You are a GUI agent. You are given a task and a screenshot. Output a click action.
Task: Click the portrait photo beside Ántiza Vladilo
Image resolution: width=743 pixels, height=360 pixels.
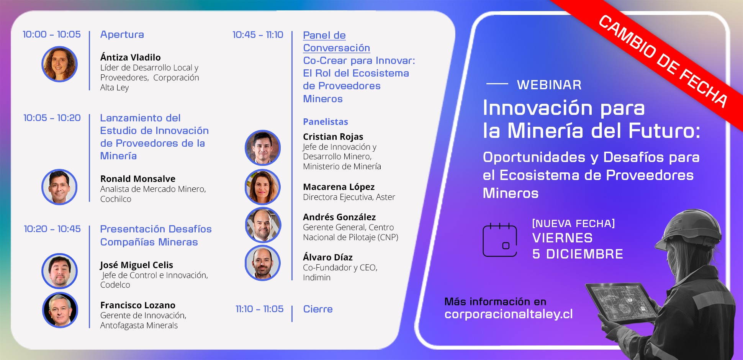59,64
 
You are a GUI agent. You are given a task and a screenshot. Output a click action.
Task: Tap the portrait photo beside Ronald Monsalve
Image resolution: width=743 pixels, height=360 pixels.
59,187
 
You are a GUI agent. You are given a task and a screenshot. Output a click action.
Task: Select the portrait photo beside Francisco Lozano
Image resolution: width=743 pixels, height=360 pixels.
60,310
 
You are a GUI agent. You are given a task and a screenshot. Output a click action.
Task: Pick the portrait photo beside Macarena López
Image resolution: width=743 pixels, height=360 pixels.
263,187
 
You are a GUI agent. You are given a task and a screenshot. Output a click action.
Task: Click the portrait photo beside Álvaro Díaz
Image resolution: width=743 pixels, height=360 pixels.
263,263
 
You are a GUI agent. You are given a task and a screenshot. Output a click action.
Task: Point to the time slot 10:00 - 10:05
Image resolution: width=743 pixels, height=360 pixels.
52,34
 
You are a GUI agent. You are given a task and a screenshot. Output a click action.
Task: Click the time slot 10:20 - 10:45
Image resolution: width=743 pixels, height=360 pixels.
52,229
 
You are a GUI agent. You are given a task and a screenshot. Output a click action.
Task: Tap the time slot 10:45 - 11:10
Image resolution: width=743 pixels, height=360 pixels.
258,35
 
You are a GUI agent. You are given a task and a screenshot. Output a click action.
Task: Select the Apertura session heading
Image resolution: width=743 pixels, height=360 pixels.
122,34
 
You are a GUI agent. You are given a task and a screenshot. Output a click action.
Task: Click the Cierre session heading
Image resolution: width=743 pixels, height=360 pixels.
318,309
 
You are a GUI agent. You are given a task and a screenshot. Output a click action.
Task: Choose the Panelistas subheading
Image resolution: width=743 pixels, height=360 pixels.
326,122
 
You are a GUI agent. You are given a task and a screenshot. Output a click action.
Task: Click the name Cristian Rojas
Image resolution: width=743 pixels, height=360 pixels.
333,137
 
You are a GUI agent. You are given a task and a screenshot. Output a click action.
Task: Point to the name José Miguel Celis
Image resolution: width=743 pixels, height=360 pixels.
137,265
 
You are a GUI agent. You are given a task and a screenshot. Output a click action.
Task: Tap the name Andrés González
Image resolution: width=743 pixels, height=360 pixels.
339,217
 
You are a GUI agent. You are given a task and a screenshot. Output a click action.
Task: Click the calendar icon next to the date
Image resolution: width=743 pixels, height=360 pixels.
500,240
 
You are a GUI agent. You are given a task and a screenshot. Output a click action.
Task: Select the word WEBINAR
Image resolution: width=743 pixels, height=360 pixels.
549,85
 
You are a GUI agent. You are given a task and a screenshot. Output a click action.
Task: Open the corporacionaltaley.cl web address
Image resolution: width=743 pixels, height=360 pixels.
509,314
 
